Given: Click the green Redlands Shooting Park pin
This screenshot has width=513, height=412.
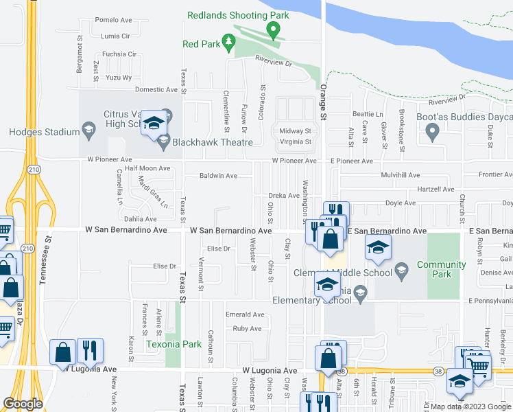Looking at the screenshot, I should coord(273,30).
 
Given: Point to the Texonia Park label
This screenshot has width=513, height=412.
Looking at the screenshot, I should coord(173,343).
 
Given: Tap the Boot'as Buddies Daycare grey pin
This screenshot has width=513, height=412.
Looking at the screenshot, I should coord(431,133).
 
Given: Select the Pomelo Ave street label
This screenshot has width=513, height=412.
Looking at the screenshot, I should coord(113,20).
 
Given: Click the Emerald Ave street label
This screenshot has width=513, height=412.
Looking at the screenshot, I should coord(245,314).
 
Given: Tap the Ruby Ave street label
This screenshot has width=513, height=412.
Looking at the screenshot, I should coord(247,328).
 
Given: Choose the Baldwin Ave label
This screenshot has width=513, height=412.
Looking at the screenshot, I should coord(218,176).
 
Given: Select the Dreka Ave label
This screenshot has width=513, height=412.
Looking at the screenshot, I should coord(283,196).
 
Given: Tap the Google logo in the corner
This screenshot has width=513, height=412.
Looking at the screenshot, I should coord(23,404).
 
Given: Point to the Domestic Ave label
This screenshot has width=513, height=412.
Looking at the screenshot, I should coord(156,89).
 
